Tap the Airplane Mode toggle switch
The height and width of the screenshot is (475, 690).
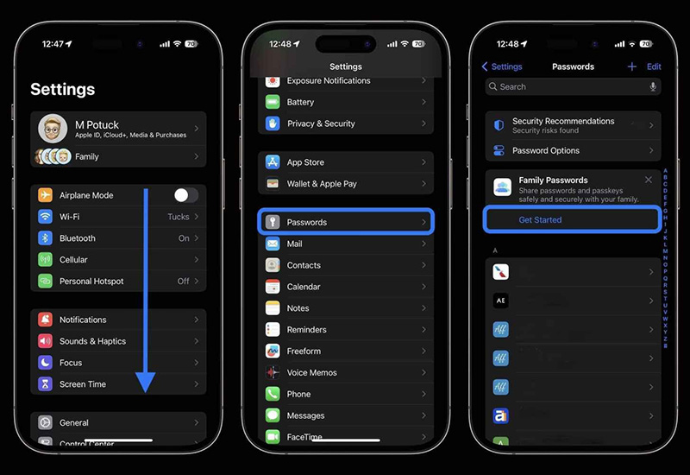click(x=185, y=195)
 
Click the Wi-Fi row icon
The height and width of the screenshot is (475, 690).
click(x=46, y=217)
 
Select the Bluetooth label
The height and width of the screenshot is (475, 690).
click(x=78, y=238)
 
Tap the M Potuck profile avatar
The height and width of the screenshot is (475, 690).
click(x=53, y=129)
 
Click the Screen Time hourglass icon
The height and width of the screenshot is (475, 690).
click(x=46, y=384)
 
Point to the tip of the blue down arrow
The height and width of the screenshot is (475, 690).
click(x=145, y=391)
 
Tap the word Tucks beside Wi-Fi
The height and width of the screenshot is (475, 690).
click(x=179, y=217)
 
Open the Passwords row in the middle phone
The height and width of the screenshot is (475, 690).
click(x=346, y=222)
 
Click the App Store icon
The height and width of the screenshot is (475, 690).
click(x=273, y=162)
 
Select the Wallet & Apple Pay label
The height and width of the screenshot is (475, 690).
click(x=322, y=184)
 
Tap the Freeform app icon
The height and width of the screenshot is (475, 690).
click(x=273, y=351)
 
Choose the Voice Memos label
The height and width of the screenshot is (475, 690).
click(x=311, y=373)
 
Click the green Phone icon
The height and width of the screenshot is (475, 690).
click(x=273, y=395)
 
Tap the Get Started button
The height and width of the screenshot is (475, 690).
click(x=540, y=220)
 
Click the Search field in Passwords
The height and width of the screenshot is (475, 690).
click(x=569, y=86)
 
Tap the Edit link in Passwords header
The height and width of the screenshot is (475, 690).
click(x=654, y=66)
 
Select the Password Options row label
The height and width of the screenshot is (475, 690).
click(x=546, y=150)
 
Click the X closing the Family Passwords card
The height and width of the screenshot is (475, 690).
click(x=649, y=180)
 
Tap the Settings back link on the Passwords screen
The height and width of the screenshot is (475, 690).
click(x=502, y=66)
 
